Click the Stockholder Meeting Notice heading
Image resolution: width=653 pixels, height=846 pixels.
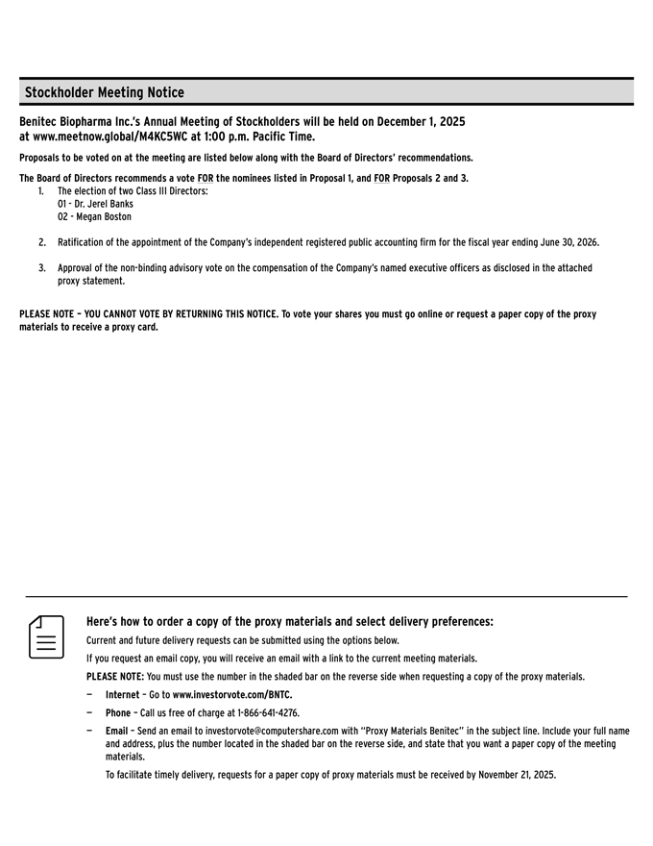click(104, 92)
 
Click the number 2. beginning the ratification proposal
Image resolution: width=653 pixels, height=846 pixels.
click(42, 242)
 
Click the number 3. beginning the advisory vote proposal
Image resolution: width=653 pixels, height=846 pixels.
click(42, 268)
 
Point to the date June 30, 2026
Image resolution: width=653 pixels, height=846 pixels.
click(567, 242)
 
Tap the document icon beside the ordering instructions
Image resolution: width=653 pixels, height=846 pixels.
click(46, 637)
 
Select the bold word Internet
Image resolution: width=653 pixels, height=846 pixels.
click(122, 694)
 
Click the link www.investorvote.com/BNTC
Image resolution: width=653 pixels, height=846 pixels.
click(231, 694)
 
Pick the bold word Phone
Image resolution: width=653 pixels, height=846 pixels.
click(118, 713)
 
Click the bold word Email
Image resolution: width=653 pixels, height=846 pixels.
click(118, 732)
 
